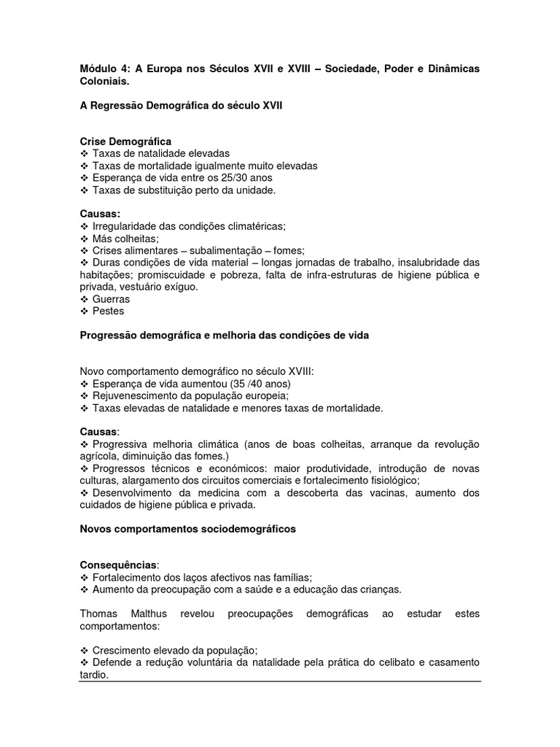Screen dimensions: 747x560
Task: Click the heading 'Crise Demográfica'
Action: pos(125,141)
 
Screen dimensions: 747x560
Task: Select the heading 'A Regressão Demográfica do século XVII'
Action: pos(181,105)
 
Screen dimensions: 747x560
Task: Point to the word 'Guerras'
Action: pos(112,299)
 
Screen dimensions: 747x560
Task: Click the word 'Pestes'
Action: pos(109,311)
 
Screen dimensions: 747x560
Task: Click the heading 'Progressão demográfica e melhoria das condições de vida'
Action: pos(225,335)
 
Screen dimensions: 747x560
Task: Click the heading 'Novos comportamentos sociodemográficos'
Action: pos(187,529)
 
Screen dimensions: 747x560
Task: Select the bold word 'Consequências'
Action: pos(117,565)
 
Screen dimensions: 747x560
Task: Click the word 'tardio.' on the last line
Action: pos(93,675)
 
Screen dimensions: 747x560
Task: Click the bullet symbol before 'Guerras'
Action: pos(84,299)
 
